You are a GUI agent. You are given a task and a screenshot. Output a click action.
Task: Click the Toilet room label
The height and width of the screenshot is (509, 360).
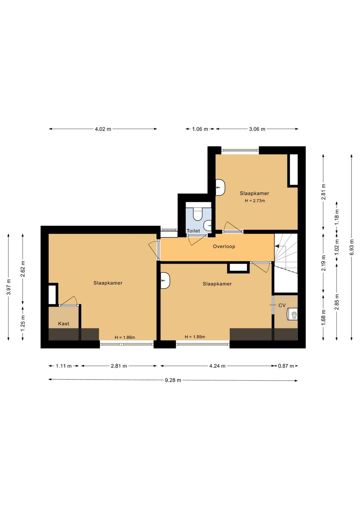(193, 231)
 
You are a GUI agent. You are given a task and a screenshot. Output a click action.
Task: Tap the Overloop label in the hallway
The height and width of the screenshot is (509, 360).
(224, 246)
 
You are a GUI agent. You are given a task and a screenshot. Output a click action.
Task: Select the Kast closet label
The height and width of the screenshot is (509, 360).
(64, 324)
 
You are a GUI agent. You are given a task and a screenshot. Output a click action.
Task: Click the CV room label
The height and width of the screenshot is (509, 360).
(282, 305)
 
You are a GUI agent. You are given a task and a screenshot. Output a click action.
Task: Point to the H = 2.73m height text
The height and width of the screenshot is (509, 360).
(255, 201)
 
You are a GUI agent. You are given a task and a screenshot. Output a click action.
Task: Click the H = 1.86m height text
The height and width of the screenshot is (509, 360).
(125, 338)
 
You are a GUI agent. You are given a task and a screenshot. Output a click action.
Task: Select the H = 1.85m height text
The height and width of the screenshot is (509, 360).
(195, 337)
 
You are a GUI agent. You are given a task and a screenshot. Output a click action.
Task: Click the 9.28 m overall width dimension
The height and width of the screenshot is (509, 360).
(173, 380)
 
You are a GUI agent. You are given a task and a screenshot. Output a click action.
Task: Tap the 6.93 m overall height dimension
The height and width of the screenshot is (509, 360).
(352, 247)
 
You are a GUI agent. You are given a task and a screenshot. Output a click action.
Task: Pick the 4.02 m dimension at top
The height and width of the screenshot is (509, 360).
(103, 129)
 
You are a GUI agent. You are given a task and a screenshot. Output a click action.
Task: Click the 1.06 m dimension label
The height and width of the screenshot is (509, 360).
(200, 129)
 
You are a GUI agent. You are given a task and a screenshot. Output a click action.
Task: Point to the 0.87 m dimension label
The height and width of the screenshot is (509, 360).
(286, 366)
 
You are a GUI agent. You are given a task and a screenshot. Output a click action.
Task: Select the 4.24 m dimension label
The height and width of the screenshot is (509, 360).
(217, 366)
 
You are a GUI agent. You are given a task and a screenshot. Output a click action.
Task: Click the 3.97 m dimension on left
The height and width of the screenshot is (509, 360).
(9, 287)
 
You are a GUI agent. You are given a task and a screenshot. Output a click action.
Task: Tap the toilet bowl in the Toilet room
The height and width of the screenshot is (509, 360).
(198, 214)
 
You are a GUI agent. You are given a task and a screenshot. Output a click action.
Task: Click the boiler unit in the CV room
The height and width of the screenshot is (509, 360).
(293, 314)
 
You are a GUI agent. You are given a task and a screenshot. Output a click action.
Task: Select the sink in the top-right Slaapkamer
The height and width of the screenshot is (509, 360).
(220, 187)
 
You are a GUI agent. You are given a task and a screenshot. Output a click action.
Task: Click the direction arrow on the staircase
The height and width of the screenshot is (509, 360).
(277, 246)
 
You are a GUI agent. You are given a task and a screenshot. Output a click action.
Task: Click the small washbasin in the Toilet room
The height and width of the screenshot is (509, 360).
(208, 225)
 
